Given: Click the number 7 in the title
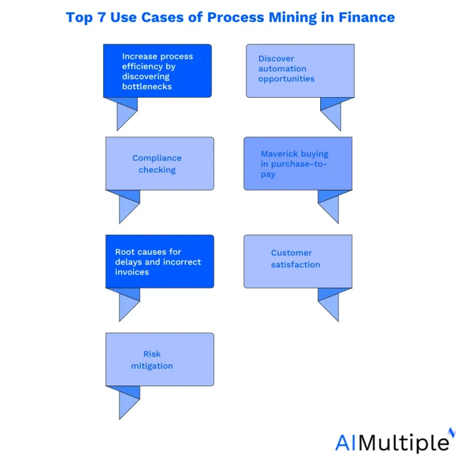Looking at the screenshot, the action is pyautogui.click(x=101, y=17).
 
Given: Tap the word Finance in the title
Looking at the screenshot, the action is pyautogui.click(x=366, y=17).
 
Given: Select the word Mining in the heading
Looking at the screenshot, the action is pyautogui.click(x=293, y=18).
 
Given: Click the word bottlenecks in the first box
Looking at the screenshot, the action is pyautogui.click(x=147, y=86).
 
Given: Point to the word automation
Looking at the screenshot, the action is pyautogui.click(x=282, y=69).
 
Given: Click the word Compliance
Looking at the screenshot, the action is pyautogui.click(x=157, y=158).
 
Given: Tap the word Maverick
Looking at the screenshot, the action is pyautogui.click(x=279, y=153).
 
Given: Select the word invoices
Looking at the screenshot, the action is pyautogui.click(x=132, y=272).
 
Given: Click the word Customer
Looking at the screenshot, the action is pyautogui.click(x=291, y=252).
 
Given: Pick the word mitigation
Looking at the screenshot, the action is pyautogui.click(x=152, y=366).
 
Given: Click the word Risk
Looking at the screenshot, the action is pyautogui.click(x=152, y=354).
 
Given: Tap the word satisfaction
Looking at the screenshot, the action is pyautogui.click(x=296, y=264).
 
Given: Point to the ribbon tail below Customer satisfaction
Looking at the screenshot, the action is pyautogui.click(x=331, y=305).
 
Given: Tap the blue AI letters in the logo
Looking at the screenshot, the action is pyautogui.click(x=346, y=443).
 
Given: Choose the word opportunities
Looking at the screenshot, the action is pyautogui.click(x=287, y=79).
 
